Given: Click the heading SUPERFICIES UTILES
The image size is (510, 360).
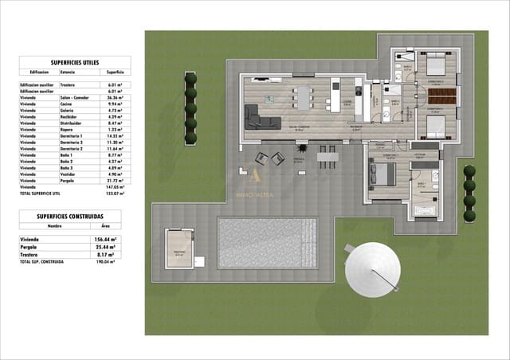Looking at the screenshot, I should (x=74, y=61).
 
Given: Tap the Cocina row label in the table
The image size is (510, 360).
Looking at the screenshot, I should (x=66, y=104).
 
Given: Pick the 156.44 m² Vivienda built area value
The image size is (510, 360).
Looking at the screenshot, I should (x=104, y=239).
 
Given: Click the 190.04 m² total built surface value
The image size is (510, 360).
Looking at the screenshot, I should (x=104, y=261).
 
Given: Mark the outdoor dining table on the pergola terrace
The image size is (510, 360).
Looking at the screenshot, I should (x=326, y=156).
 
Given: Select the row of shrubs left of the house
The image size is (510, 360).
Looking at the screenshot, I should (x=190, y=108).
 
